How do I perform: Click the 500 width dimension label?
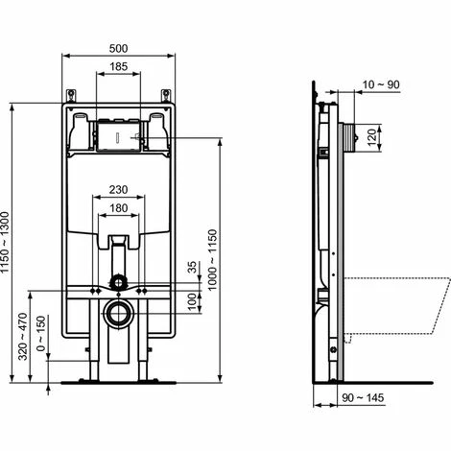(118, 49)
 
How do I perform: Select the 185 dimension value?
(118, 66)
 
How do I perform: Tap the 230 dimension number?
(118, 190)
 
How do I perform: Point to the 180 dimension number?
(118, 208)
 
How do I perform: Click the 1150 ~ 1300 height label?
(6, 243)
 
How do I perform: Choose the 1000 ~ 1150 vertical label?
(212, 260)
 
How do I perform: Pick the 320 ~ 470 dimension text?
(23, 337)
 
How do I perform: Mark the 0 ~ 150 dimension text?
(41, 333)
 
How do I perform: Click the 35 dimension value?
(192, 267)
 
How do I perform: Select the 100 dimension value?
(192, 301)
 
